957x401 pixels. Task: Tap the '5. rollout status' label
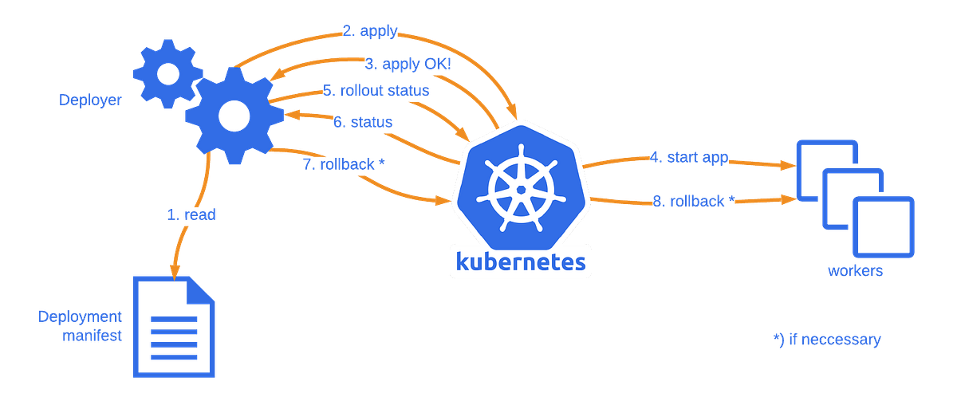pyautogui.click(x=376, y=90)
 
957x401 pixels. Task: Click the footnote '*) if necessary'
pyautogui.click(x=827, y=340)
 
